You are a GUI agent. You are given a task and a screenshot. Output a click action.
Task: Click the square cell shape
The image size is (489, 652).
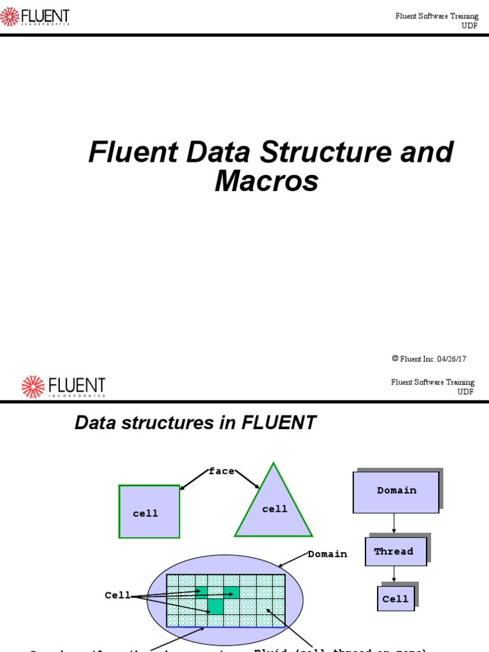(x=149, y=511)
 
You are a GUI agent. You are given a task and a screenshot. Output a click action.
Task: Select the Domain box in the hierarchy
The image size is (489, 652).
(x=396, y=491)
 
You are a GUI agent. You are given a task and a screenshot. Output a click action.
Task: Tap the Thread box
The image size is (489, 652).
(x=393, y=551)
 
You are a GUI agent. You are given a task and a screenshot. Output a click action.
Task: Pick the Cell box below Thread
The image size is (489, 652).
(x=395, y=599)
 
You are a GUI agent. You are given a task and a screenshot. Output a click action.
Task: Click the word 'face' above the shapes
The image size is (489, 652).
(x=221, y=471)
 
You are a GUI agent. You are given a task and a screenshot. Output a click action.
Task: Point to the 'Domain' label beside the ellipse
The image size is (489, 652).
(x=327, y=554)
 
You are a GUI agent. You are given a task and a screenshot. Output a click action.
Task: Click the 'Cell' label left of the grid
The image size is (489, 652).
(x=117, y=595)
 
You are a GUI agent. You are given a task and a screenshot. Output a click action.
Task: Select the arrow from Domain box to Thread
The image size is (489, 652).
(x=395, y=523)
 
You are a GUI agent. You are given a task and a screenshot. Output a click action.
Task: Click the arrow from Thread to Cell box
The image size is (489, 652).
(x=395, y=575)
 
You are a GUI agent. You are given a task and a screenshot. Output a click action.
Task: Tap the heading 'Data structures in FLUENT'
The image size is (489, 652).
(x=195, y=423)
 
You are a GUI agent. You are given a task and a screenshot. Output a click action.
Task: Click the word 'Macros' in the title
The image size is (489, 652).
(x=266, y=181)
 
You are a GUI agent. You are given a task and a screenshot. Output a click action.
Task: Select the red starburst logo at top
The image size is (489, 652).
(x=11, y=16)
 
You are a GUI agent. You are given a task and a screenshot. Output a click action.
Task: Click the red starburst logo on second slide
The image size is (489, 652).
(x=32, y=386)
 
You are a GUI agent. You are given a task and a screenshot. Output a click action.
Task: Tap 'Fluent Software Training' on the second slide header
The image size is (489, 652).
(x=432, y=382)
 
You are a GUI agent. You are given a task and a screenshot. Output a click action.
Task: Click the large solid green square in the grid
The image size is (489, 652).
(x=216, y=606)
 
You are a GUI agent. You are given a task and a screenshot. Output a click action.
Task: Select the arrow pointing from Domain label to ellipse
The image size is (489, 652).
(x=293, y=560)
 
